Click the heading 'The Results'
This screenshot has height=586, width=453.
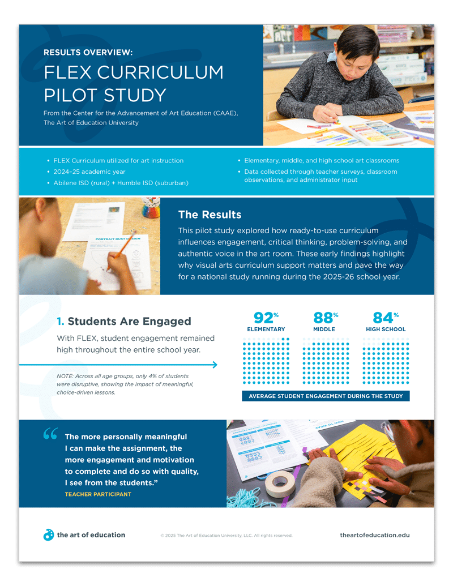pyautogui.click(x=210, y=215)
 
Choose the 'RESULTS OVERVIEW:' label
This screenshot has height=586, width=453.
pyautogui.click(x=88, y=53)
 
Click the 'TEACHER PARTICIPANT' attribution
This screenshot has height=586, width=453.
pyautogui.click(x=98, y=494)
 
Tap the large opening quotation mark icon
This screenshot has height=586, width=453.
pyautogui.click(x=50, y=434)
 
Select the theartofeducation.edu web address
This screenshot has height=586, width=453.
pyautogui.click(x=374, y=535)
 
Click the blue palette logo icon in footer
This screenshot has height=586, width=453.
pyautogui.click(x=49, y=535)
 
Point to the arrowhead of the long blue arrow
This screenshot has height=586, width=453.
pyautogui.click(x=214, y=365)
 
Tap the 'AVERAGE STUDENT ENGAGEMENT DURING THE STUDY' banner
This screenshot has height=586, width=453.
pyautogui.click(x=326, y=396)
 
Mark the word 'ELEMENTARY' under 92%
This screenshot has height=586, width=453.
pyautogui.click(x=266, y=330)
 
